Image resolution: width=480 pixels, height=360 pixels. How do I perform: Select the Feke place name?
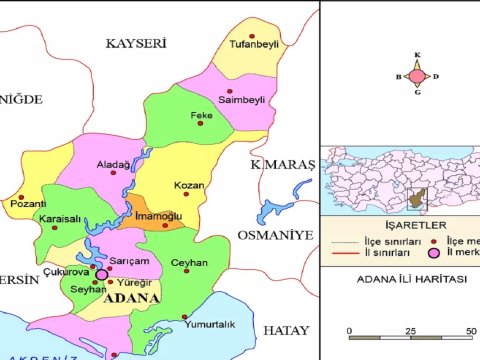tap(201, 115)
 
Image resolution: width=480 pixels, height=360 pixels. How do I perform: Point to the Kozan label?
tap(189, 186)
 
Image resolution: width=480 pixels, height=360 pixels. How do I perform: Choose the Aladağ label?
tap(113, 164)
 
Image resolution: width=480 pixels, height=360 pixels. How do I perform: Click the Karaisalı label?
tap(59, 217)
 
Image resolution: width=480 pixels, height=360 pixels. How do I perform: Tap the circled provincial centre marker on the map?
tap(100, 273)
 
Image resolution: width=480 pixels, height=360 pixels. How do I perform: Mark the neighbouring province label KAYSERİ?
tap(135, 43)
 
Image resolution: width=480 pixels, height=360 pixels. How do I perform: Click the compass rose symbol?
tap(416, 75)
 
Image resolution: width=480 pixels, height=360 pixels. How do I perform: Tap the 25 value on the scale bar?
tap(411, 331)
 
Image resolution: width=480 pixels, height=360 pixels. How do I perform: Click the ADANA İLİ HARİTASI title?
tap(398, 281)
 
